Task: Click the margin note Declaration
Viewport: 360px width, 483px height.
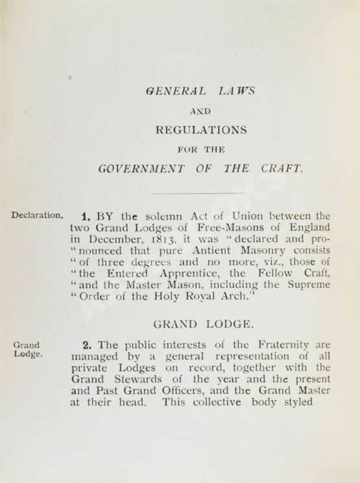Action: click(37, 215)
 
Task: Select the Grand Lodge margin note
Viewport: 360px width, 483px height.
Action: click(27, 350)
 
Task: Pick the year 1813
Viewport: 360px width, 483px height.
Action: click(161, 240)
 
